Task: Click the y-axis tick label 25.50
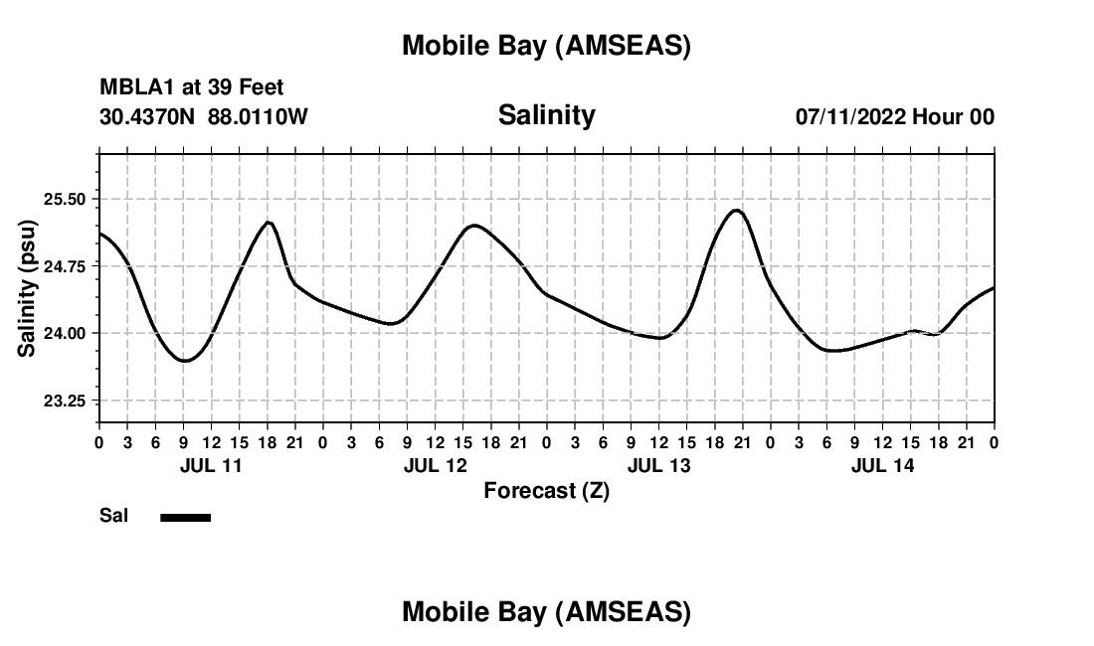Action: pyautogui.click(x=67, y=199)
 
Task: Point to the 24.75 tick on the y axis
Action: pyautogui.click(x=67, y=266)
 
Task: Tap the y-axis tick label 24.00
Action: pyautogui.click(x=67, y=333)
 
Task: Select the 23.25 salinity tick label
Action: pyautogui.click(x=67, y=401)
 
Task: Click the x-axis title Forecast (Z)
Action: pyautogui.click(x=546, y=490)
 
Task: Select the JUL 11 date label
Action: pyautogui.click(x=210, y=465)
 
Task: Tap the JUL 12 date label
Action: pyautogui.click(x=435, y=465)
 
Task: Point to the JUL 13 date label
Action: pyautogui.click(x=658, y=465)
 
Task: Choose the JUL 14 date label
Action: pyautogui.click(x=882, y=465)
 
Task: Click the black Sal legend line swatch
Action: pyautogui.click(x=185, y=517)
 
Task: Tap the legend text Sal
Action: pyautogui.click(x=113, y=516)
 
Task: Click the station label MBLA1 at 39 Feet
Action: pyautogui.click(x=192, y=87)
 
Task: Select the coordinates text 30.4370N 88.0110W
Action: pyautogui.click(x=204, y=116)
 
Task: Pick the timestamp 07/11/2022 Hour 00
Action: pyautogui.click(x=894, y=116)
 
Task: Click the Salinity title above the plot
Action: pyautogui.click(x=546, y=115)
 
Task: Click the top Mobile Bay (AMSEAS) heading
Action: pyautogui.click(x=546, y=46)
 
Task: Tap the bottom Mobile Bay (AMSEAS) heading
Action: pyautogui.click(x=546, y=612)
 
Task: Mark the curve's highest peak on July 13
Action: pyautogui.click(x=736, y=210)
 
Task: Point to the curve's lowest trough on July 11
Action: pyautogui.click(x=184, y=360)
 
